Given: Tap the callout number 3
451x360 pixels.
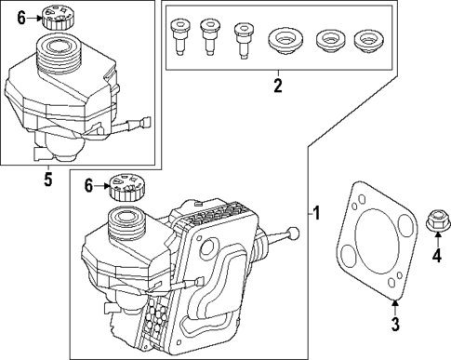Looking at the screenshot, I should coord(394,324).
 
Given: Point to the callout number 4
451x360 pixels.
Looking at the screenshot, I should coord(437,256).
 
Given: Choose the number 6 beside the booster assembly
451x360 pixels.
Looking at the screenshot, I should coord(89,186).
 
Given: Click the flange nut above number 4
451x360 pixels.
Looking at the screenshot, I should coord(434,221).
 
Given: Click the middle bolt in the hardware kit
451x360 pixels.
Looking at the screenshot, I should coord(209,36).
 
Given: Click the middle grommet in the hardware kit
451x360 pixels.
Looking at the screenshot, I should coord(325,40).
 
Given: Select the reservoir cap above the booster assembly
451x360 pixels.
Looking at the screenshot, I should coord(125,187).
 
